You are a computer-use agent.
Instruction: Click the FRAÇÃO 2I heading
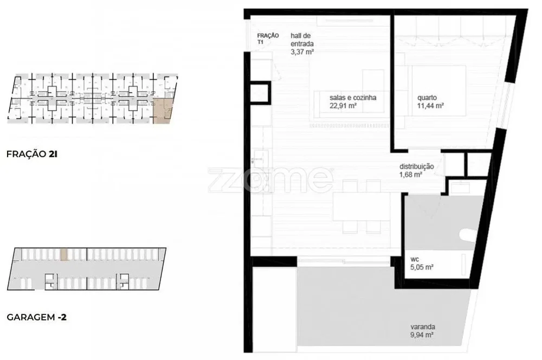(x=32, y=154)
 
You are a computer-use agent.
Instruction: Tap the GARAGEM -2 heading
(x=37, y=317)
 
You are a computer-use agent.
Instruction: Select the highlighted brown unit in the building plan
(x=163, y=111)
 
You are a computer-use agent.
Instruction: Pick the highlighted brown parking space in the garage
(x=64, y=254)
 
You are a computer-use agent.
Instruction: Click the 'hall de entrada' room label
(x=302, y=40)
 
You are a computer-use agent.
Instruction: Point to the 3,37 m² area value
(x=302, y=52)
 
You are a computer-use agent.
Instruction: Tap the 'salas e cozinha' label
(x=353, y=98)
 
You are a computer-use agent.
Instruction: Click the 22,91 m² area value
(x=343, y=106)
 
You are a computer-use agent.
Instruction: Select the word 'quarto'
(x=427, y=98)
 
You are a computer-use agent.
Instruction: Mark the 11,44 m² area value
(x=430, y=106)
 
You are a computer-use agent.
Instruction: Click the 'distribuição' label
(x=416, y=166)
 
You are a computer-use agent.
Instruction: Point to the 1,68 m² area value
(x=411, y=175)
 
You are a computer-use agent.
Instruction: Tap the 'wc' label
(x=415, y=259)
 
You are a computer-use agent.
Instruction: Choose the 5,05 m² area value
(x=422, y=267)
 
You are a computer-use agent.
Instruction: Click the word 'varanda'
(x=423, y=327)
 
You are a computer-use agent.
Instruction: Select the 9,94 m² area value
(x=422, y=335)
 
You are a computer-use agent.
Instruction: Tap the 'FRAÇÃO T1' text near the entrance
(x=268, y=38)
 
